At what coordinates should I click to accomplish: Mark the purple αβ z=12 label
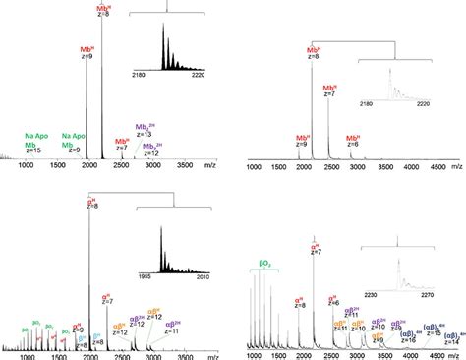tap(153, 317)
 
